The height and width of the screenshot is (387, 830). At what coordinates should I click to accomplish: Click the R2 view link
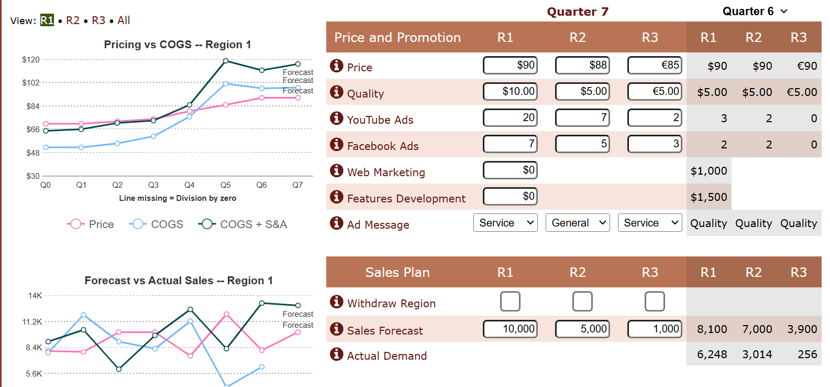[73, 20]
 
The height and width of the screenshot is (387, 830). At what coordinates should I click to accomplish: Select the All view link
[124, 20]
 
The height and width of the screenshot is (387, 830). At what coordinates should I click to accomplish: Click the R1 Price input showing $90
[510, 65]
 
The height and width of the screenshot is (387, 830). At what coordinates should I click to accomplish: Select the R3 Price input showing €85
[655, 65]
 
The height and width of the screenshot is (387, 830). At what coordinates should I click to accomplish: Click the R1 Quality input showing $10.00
[510, 91]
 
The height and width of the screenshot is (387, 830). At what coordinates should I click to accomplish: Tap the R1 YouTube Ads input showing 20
[510, 117]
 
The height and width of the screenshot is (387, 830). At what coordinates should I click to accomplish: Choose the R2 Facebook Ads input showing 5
[582, 144]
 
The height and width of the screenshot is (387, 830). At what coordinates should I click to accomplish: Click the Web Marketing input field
[510, 170]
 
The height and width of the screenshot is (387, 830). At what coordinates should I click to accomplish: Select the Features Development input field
[510, 196]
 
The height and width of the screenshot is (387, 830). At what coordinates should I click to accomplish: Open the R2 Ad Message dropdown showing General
[578, 223]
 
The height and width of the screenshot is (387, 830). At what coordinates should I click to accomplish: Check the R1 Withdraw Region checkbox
[510, 302]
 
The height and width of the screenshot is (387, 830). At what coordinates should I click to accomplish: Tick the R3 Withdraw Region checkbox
[655, 302]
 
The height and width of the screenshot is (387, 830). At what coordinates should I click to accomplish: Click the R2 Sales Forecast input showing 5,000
[582, 329]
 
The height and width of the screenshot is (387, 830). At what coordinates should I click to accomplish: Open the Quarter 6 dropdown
[755, 12]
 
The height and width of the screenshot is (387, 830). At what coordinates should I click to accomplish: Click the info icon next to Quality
[336, 92]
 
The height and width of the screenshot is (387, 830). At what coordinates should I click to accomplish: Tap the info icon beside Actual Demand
[336, 354]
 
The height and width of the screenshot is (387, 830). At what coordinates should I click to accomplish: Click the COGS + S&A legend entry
[243, 224]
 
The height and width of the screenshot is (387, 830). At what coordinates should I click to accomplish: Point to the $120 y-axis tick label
[31, 60]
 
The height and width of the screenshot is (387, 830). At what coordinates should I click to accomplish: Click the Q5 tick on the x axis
[226, 185]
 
